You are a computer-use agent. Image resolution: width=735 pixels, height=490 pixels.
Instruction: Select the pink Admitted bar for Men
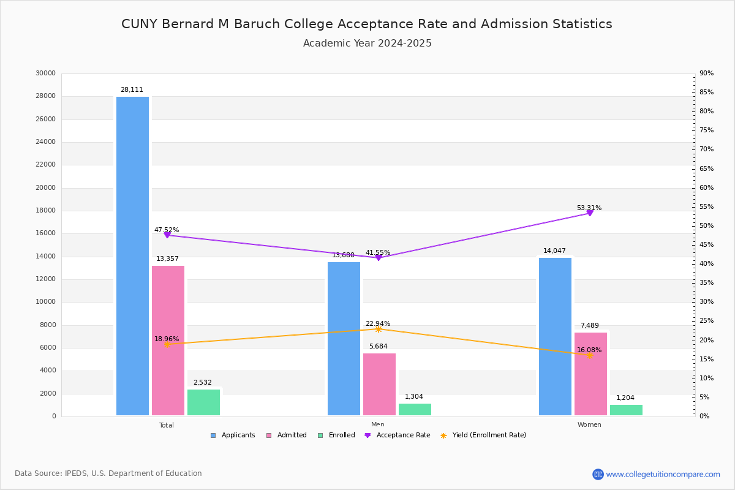379,384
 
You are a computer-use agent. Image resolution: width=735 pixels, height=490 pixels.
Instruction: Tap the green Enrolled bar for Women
626,410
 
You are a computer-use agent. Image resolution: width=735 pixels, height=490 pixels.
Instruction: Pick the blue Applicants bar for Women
555,336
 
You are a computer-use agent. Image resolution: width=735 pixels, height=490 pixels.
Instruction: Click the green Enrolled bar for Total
203,402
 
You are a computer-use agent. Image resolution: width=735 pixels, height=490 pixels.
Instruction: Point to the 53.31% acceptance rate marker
590,213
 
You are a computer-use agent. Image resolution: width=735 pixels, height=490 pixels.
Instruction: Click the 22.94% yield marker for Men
378,330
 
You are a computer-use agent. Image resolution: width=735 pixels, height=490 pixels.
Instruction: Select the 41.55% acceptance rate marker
378,258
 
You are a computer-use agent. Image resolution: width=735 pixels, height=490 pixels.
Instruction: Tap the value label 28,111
132,90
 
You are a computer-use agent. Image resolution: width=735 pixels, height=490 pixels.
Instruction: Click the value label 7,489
590,326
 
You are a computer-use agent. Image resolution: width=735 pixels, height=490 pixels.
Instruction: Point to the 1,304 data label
414,397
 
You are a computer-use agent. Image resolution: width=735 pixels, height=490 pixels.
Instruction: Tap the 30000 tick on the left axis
46,73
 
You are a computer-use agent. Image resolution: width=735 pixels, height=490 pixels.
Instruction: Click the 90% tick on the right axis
706,73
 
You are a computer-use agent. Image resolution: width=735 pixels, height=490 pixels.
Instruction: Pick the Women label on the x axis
589,425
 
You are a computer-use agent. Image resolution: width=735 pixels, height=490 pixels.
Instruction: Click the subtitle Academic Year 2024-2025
367,43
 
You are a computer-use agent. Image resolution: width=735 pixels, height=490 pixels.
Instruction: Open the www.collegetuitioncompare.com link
663,474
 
